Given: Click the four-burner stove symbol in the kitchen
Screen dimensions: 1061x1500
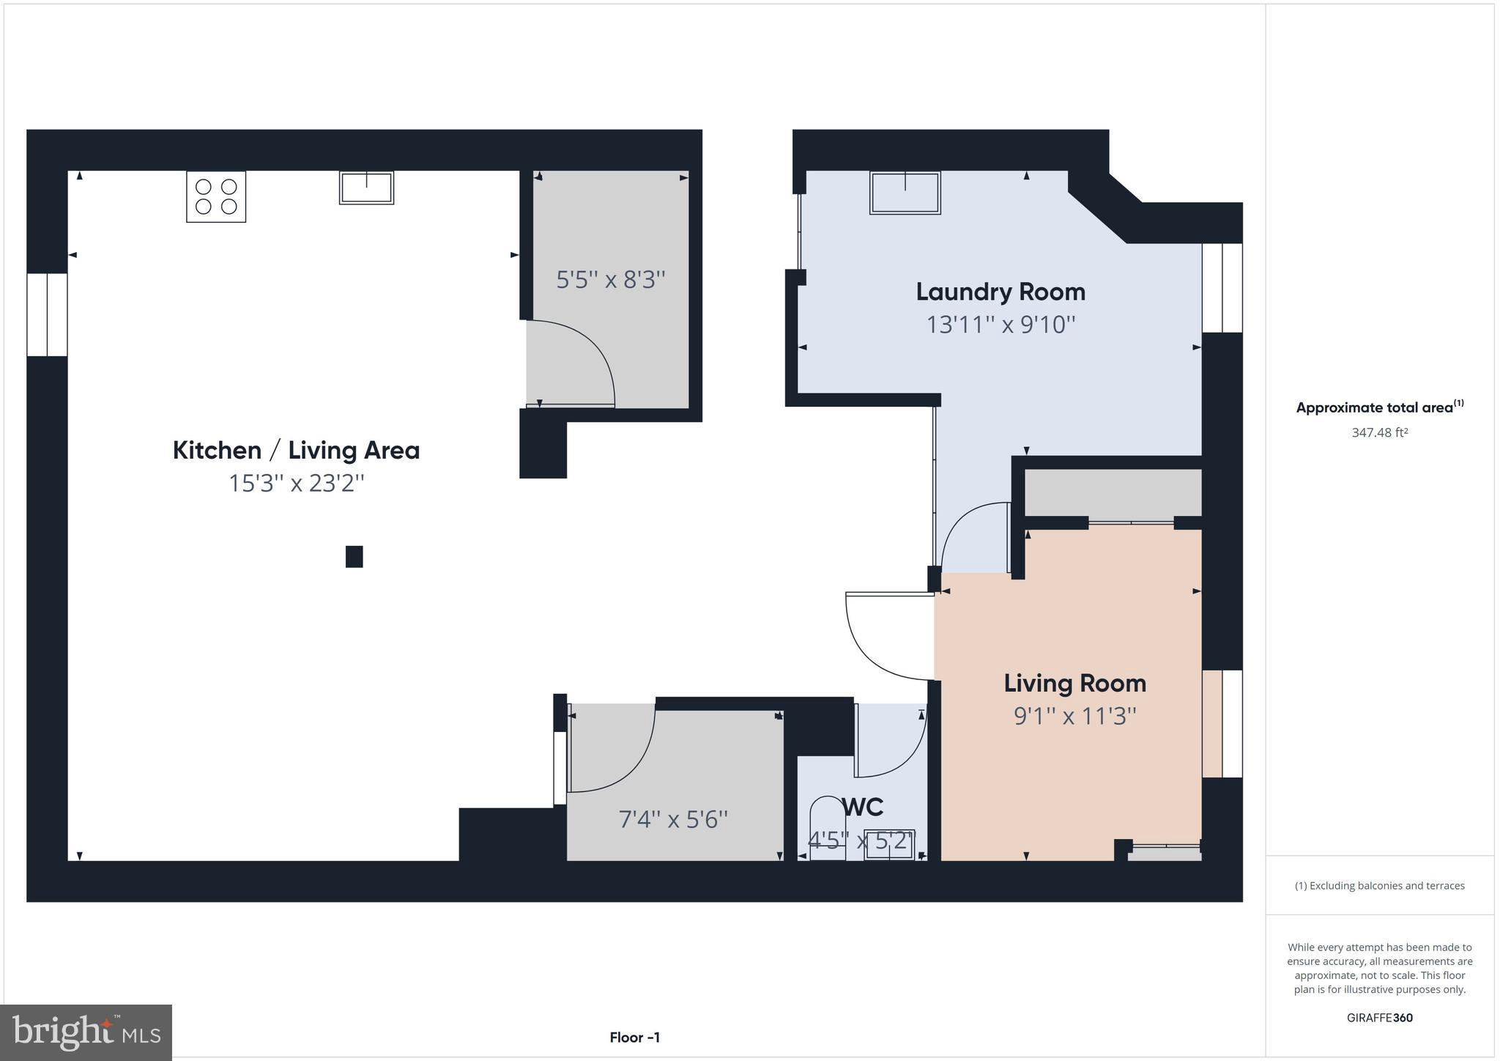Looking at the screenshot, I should [216, 196].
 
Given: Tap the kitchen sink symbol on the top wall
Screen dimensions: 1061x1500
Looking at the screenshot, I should [366, 188].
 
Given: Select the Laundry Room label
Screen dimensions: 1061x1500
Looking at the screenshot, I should [1000, 292].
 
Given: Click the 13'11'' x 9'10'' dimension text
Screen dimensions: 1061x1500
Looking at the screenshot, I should [1000, 325].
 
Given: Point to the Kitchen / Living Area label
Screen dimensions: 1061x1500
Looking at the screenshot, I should [296, 450].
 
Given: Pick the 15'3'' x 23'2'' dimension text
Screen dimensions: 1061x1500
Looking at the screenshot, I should [296, 484].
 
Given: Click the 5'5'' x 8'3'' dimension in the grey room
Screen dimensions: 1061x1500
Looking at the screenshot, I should [610, 280].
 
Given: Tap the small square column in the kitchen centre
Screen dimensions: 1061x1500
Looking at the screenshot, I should [354, 557].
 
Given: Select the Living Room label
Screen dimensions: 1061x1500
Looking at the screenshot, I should [1074, 683].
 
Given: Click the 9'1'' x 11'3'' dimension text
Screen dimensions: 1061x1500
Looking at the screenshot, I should [1074, 716].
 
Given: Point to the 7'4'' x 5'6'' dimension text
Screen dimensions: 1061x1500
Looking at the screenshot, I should [673, 819].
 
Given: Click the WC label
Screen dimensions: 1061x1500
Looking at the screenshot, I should [863, 807].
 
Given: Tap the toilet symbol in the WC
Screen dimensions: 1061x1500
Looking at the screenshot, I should [828, 828].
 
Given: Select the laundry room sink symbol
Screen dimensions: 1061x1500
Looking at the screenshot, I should [905, 193].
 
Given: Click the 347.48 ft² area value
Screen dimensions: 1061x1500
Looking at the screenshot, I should [1379, 433].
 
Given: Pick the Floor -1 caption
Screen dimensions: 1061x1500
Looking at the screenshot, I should [634, 1038].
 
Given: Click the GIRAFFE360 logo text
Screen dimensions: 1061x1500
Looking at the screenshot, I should [1379, 1018].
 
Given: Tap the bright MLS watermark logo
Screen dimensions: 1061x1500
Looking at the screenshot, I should [86, 1032].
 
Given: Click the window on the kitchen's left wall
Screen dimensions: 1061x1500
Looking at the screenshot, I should [48, 315].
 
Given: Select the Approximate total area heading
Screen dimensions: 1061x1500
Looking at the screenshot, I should [1379, 407].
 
